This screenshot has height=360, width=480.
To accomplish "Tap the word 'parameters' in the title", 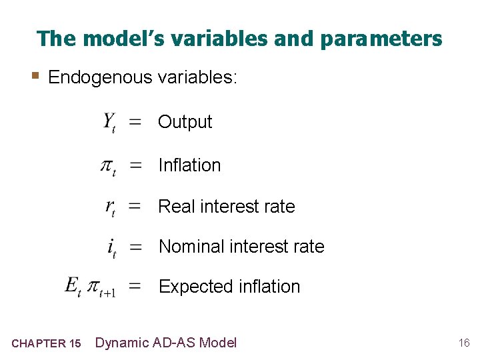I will coord(381,39).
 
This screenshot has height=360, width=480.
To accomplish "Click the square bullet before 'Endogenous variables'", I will coord(39,77).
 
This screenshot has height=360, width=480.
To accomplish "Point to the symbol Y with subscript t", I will coord(109,123).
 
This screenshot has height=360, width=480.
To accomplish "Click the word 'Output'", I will coord(185,122).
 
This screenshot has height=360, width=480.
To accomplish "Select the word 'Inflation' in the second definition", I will coord(189,165).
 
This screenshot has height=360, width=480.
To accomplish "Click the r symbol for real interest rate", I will coord(110,207).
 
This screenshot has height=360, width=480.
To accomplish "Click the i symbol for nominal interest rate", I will coord(111,247).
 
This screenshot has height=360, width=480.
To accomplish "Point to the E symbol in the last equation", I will coord(72,286).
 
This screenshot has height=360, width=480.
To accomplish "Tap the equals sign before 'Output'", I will coord(135,123).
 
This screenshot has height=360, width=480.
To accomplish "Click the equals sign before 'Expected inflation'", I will coord(135,287).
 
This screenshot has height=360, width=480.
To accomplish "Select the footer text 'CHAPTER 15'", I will coord(46,344).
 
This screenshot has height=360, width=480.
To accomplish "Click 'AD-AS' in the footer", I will coord(175,343).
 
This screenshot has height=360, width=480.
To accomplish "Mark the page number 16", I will coord(464,343).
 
